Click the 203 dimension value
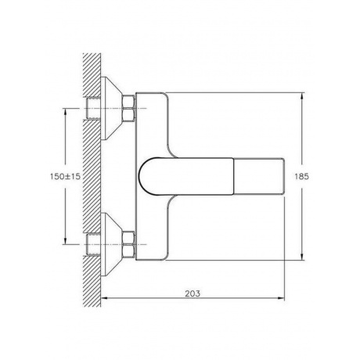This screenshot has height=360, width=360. click(x=193, y=293)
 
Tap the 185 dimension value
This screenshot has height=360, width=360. click(x=301, y=177)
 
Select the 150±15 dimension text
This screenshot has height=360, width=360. click(x=65, y=177)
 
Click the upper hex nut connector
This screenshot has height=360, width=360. click(x=128, y=108)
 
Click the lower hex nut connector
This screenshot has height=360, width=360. click(x=128, y=244)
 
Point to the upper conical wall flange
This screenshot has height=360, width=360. click(x=111, y=108)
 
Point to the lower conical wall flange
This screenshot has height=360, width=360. click(x=111, y=244)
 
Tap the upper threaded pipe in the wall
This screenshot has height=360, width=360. click(x=93, y=108)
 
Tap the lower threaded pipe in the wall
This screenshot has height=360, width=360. click(x=93, y=244)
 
